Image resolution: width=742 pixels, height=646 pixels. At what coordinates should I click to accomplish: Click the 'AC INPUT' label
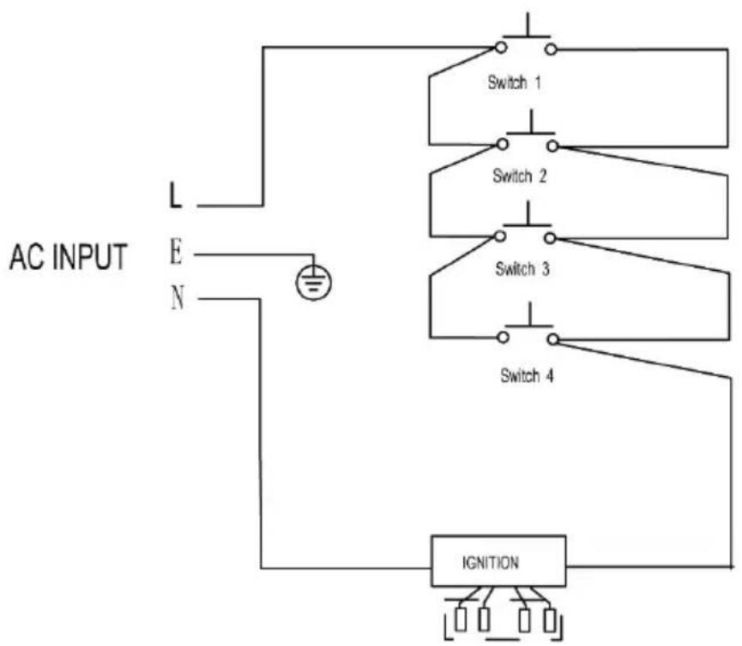point(69,257)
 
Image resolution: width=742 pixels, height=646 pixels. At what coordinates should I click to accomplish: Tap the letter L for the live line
point(176,195)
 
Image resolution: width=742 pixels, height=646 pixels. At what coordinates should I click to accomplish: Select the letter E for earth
point(176,252)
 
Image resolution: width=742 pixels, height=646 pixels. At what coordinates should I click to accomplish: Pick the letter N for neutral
point(178,297)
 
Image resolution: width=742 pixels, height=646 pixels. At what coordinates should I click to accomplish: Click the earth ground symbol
point(313,282)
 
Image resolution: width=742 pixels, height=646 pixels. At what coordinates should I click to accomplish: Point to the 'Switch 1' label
point(514,83)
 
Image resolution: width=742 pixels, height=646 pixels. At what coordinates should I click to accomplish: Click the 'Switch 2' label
point(519,176)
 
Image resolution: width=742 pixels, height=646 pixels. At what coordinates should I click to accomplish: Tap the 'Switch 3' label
point(522,269)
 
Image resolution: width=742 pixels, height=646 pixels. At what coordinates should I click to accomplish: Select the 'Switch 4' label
point(527,376)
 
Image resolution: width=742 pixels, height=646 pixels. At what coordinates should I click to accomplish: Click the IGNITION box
point(498,561)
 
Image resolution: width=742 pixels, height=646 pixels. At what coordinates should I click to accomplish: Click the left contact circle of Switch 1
point(501,47)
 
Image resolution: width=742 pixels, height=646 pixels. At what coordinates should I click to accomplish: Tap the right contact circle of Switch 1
point(551,49)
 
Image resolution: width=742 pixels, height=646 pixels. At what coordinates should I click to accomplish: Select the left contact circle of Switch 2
point(503,144)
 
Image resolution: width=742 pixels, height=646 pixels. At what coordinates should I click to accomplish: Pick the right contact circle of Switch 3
point(549,238)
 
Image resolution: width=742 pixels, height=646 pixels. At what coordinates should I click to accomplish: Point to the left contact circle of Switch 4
point(503,338)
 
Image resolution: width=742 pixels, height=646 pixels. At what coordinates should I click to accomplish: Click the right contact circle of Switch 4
point(552,339)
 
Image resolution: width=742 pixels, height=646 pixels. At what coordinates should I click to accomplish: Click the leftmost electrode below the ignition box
point(460,619)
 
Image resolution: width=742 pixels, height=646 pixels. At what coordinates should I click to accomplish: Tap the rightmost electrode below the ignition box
point(549,620)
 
